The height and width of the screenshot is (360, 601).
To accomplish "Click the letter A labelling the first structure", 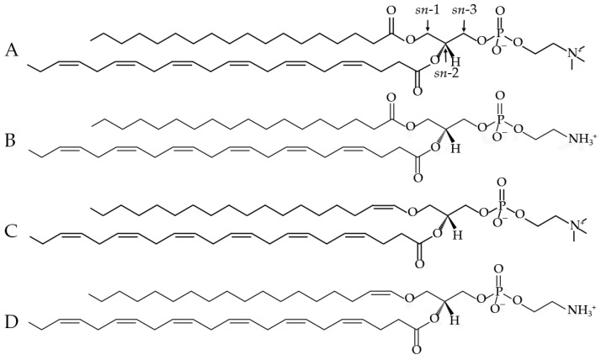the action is coord(12,50).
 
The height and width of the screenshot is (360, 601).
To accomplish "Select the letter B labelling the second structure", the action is coord(10,140).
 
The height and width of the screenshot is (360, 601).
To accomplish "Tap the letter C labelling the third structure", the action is coord(11,231).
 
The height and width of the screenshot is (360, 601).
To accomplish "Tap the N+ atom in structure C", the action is coord(575,227).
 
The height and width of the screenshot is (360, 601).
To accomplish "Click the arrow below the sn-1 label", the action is coord(428,25).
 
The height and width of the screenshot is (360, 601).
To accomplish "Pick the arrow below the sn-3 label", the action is coord(465,25).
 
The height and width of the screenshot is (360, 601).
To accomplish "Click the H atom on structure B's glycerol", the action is coord(455,148).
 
